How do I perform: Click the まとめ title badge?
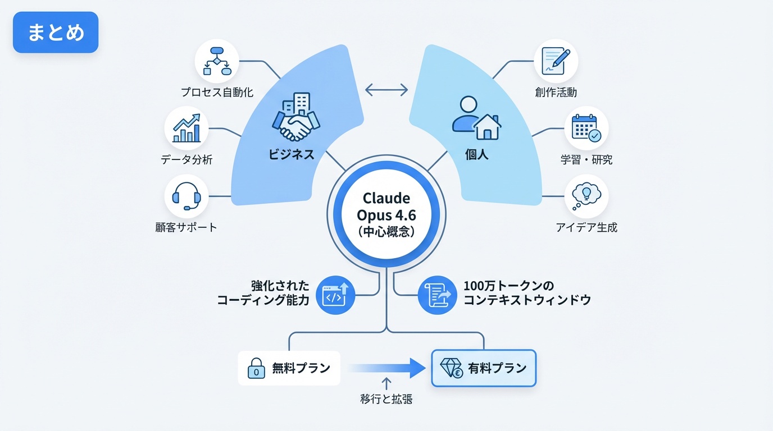click(55, 32)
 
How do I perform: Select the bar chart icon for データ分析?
click(187, 128)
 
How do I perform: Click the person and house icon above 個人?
click(476, 118)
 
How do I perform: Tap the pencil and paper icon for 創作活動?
click(555, 61)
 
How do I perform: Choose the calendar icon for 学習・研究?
click(586, 128)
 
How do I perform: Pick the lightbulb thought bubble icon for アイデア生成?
click(586, 196)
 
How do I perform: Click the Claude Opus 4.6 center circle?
click(387, 215)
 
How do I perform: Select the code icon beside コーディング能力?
click(336, 295)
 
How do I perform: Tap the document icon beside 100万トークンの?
click(438, 295)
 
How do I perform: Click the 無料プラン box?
click(289, 368)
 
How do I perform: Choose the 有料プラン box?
click(484, 368)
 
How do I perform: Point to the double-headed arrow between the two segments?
click(387, 90)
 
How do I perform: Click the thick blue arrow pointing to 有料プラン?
click(388, 368)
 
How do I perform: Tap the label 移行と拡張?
click(387, 400)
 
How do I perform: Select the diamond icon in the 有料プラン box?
click(451, 368)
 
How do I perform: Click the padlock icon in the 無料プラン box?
click(256, 369)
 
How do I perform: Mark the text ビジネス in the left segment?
click(291, 154)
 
